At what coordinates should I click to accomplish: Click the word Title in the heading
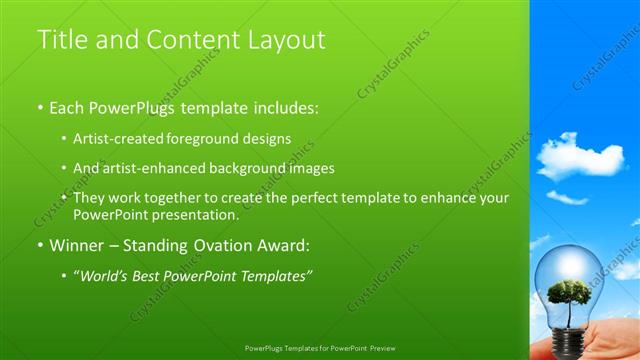[60, 39]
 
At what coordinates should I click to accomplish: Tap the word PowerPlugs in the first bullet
[133, 105]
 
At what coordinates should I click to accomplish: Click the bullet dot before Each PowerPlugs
[40, 106]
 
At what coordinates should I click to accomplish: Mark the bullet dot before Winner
[40, 245]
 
